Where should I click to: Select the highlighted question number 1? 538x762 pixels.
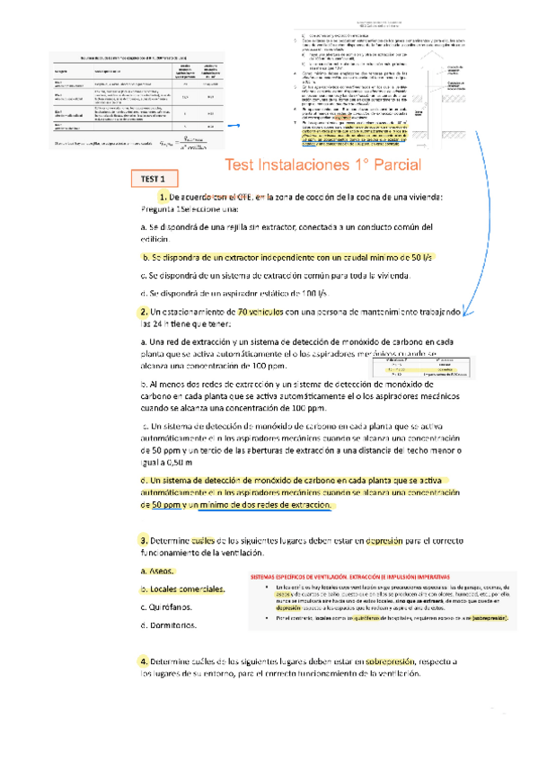[x=163, y=222]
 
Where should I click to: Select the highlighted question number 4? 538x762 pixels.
[x=143, y=661]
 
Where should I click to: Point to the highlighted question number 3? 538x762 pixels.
[x=143, y=540]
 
